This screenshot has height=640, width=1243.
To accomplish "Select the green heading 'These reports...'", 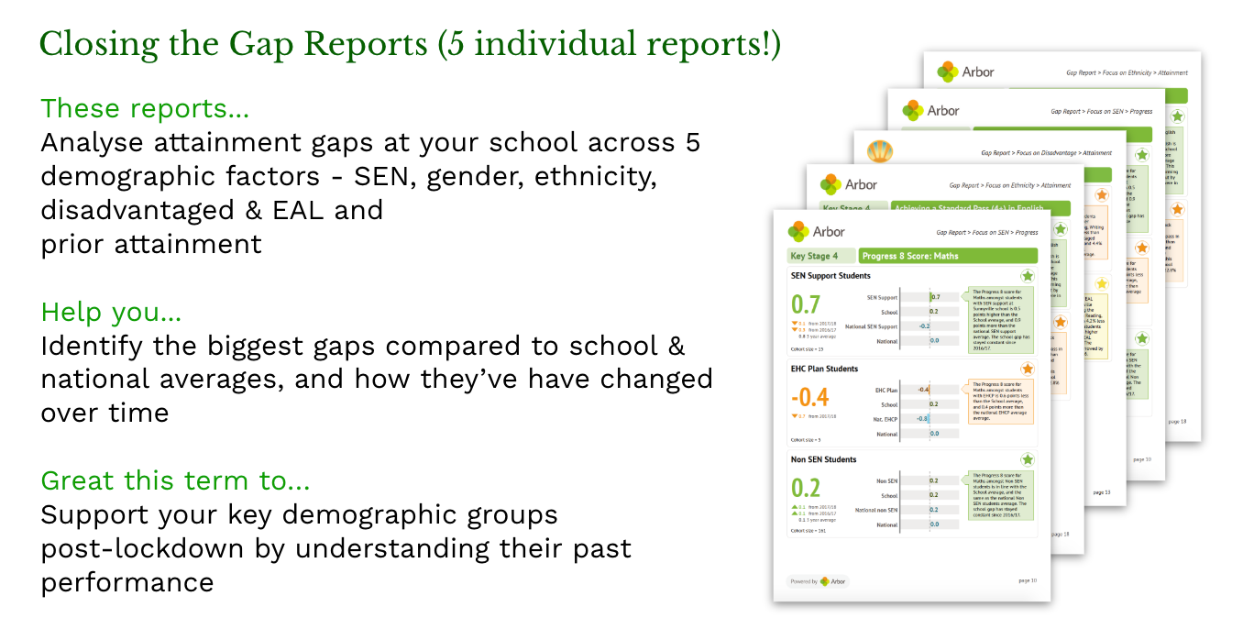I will point(145,108).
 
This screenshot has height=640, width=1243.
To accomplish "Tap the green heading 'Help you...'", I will point(111,313).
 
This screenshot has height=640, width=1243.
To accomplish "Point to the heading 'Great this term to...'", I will point(176,480).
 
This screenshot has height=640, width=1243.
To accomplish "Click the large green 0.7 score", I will point(806,304).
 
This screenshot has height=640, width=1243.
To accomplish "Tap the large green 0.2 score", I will point(806,488).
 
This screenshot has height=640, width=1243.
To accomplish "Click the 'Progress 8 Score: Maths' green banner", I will point(947,256).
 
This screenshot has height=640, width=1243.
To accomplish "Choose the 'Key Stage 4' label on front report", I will point(820,256).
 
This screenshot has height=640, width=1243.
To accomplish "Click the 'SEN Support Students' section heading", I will point(830,275).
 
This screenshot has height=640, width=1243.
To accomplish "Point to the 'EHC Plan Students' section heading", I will point(824,369).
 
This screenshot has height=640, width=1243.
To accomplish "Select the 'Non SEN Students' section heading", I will point(823,459).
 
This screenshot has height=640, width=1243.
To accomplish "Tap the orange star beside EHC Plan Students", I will point(1028,369).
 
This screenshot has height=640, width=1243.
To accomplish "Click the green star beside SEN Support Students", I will point(1028,276).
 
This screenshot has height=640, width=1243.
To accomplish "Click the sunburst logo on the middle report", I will point(879,150).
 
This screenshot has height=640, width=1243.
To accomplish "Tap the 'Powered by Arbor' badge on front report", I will point(816,581).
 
